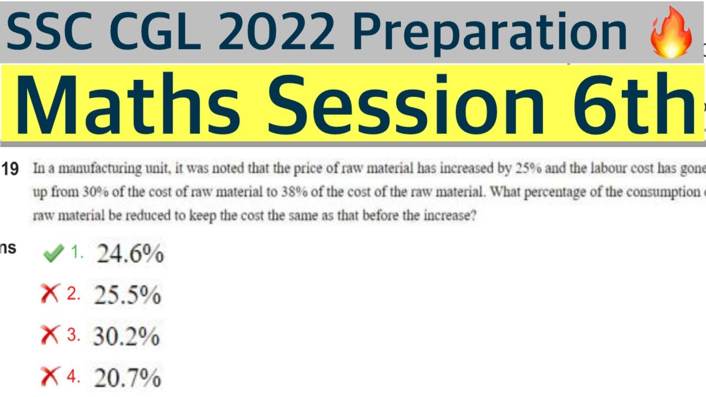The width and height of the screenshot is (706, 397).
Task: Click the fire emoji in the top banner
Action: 671,33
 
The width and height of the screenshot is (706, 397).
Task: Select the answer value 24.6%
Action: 130,254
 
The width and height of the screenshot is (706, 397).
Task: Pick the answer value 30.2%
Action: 126,336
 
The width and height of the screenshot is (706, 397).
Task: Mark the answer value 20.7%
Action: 127,378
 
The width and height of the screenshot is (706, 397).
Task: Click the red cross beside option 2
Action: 50,295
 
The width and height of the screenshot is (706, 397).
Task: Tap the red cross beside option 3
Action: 50,336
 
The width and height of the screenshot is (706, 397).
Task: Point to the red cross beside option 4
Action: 50,377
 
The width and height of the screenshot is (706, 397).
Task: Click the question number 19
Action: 10,169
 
